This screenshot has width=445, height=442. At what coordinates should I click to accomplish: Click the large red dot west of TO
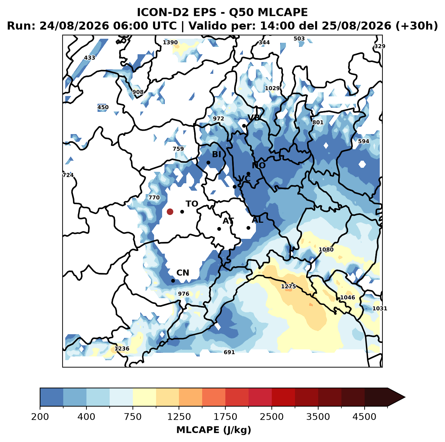(170, 212)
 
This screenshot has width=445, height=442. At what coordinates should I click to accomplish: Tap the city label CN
(183, 273)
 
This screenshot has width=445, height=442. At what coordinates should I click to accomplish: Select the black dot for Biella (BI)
(208, 162)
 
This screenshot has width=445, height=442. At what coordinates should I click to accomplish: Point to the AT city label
(228, 221)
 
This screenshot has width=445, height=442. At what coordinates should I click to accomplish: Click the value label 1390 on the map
(170, 42)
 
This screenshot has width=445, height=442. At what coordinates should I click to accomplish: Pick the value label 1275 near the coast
(289, 286)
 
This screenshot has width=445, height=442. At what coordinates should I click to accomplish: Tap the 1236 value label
(122, 348)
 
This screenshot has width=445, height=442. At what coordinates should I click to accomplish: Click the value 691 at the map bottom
(229, 352)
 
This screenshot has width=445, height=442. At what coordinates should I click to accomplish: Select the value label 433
(89, 58)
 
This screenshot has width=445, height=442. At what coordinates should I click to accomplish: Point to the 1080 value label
(326, 249)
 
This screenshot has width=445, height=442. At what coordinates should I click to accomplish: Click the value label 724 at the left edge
(68, 175)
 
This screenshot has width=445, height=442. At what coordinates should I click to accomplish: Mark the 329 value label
(380, 46)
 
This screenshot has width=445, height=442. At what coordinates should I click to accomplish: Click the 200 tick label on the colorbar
(40, 416)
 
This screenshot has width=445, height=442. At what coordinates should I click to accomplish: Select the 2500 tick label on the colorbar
(271, 416)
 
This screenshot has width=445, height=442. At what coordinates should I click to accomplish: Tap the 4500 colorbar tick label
(364, 416)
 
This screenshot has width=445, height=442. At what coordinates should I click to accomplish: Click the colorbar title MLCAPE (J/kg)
(214, 430)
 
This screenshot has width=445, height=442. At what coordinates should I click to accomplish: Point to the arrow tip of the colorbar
(405, 397)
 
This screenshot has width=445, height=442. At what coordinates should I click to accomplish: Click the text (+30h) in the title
(417, 26)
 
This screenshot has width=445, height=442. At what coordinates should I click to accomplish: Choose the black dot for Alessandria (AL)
(248, 228)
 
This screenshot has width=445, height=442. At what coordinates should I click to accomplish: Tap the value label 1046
(347, 297)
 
